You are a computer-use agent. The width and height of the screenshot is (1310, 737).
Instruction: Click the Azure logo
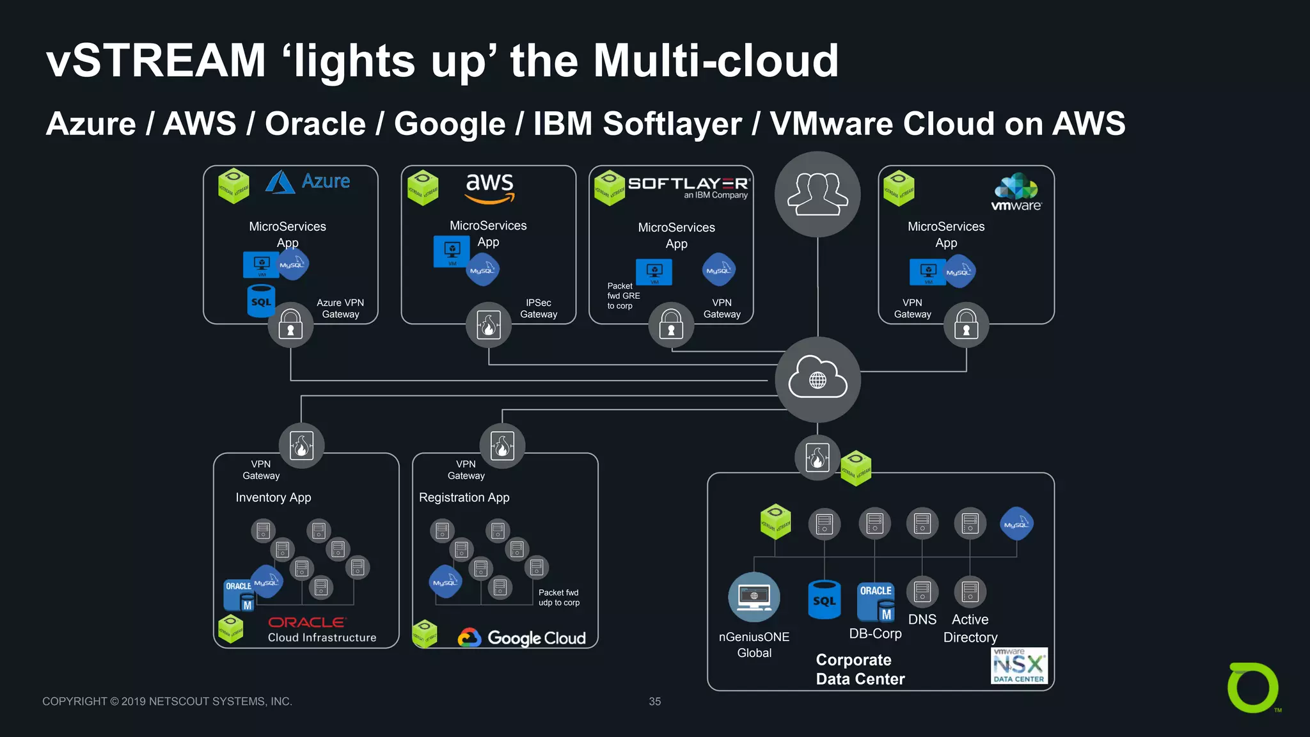click(x=308, y=182)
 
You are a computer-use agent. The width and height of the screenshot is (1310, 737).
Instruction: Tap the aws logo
click(x=489, y=187)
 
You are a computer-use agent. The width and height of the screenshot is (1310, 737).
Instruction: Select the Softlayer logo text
click(x=688, y=184)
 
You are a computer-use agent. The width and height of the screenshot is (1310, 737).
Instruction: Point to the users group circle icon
click(x=817, y=194)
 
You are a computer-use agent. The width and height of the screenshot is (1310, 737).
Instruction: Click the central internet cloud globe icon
click(x=817, y=380)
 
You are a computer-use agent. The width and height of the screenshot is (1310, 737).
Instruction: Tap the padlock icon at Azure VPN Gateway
click(x=290, y=325)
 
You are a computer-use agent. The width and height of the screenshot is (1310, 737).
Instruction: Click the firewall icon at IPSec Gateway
click(x=489, y=325)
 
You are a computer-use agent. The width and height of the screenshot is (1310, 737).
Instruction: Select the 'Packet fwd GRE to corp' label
click(x=623, y=296)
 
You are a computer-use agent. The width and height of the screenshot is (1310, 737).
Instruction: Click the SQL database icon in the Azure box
click(x=261, y=301)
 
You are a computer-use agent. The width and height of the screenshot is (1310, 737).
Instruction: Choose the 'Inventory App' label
click(x=273, y=497)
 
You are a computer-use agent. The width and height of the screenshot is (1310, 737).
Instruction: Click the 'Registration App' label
click(x=464, y=497)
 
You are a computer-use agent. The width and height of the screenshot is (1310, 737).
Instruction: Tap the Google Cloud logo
click(x=522, y=638)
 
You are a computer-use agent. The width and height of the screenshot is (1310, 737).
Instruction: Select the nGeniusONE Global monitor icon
click(x=754, y=596)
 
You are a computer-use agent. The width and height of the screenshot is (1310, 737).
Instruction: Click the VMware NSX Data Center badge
click(x=1019, y=666)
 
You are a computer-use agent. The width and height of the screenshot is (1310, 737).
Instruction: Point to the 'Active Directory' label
click(x=970, y=628)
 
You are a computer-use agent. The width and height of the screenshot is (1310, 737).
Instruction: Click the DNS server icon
click(x=922, y=592)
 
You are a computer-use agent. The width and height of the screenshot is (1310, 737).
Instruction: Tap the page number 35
click(x=654, y=701)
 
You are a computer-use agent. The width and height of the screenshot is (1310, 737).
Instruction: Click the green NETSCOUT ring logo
click(x=1252, y=688)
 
